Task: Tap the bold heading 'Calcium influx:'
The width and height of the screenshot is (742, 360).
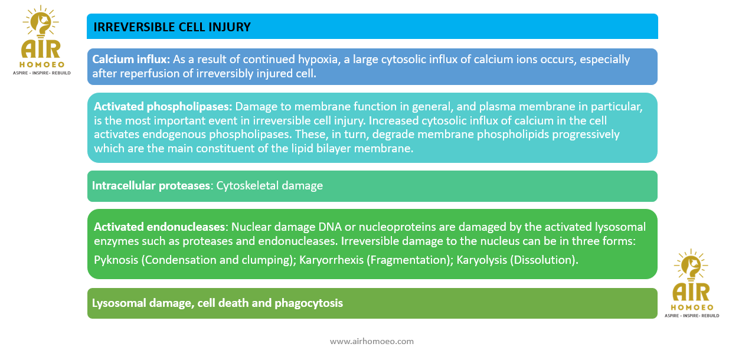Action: (131, 59)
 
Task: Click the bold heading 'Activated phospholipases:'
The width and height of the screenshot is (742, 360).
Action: (163, 107)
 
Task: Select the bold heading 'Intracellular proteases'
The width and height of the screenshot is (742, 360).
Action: (151, 186)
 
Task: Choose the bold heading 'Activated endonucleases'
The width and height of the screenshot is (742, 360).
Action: (159, 227)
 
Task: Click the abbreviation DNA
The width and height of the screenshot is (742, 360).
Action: (330, 227)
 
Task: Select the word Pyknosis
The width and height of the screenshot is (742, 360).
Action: (116, 260)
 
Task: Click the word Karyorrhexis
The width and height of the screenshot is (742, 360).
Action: (331, 260)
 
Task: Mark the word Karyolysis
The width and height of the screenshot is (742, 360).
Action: (482, 260)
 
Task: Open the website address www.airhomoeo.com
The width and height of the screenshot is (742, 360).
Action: (372, 342)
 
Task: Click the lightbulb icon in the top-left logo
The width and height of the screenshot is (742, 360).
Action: (41, 22)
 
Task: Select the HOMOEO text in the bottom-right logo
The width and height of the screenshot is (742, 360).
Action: (692, 307)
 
